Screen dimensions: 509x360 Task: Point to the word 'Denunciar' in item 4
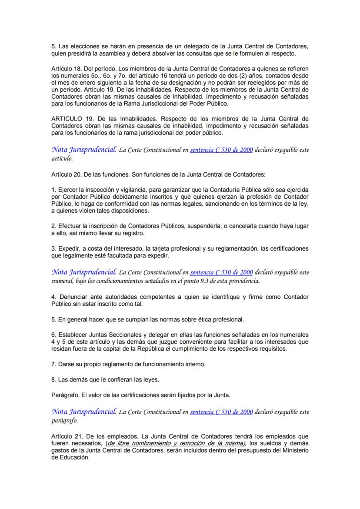click(x=73, y=297)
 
